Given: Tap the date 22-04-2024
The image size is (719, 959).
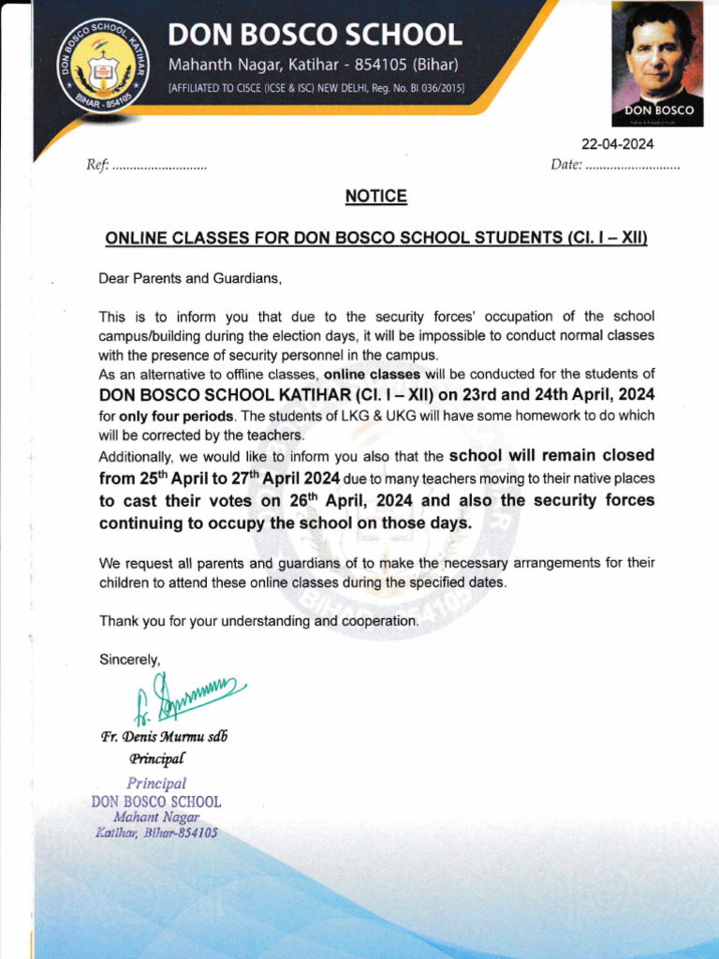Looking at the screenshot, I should (618, 144).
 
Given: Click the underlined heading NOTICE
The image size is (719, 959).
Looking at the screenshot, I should (375, 197).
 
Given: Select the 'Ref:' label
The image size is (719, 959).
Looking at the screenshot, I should (97, 166).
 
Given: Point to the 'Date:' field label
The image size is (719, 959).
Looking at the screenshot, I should (566, 166).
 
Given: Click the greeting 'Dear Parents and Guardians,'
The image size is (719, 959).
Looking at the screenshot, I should (190, 278).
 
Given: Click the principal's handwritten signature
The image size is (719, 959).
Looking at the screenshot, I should (187, 699).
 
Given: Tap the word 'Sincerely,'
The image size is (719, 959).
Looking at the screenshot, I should (130, 659).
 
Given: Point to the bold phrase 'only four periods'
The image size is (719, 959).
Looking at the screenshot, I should (177, 415).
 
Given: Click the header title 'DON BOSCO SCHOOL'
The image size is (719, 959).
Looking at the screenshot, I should (315, 36).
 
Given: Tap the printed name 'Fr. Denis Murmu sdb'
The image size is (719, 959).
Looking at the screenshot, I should (164, 736).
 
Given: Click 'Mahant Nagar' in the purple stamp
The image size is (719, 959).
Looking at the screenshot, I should (156, 818).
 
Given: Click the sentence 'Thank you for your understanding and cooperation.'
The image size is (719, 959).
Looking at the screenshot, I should (259, 621).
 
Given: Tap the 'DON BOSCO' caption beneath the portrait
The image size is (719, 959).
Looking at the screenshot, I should (659, 111).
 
